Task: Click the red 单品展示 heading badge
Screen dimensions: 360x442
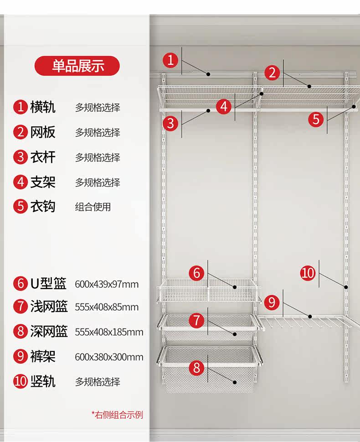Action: (77, 66)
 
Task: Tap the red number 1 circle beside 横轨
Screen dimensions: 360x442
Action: (21, 108)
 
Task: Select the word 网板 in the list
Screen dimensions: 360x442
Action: (43, 132)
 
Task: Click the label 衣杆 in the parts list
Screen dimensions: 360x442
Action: (43, 157)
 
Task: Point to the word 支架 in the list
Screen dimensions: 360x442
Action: (43, 182)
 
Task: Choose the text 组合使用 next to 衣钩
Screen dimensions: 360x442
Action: (93, 207)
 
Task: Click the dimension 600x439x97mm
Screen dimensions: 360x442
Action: (107, 284)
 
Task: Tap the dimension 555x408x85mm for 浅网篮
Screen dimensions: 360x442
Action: (107, 307)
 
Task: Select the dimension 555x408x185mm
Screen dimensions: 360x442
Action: (109, 332)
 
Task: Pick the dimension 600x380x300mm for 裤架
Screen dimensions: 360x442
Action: (109, 357)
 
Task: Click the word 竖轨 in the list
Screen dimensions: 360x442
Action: (43, 381)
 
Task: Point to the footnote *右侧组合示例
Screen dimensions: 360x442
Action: (117, 415)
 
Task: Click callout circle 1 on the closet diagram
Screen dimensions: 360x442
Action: (171, 60)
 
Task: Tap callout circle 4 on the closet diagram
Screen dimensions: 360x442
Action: (224, 107)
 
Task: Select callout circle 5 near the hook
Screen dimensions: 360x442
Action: (316, 120)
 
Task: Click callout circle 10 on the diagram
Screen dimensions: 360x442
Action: (308, 273)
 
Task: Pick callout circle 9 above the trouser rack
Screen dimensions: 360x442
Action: (271, 302)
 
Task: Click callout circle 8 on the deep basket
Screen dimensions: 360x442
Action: (197, 368)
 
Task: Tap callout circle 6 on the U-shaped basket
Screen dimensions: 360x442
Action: (197, 273)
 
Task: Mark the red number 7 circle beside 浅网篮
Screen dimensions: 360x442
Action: (21, 307)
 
